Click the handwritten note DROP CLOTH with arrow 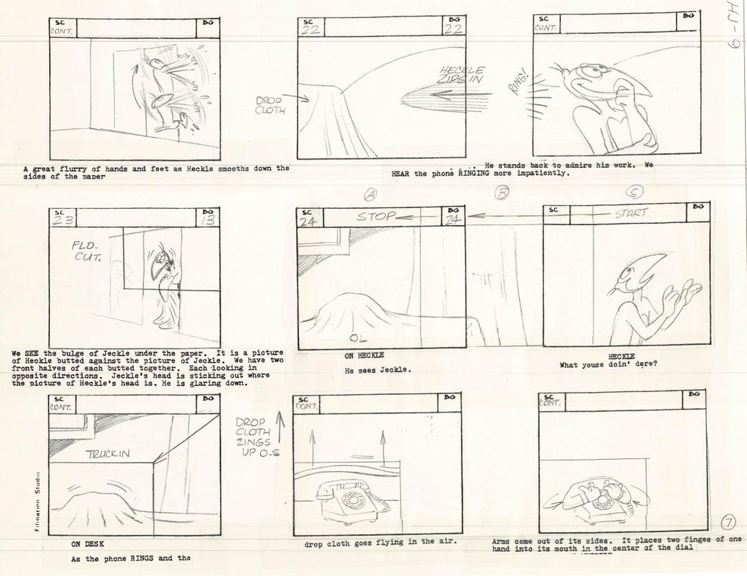[x=270, y=104]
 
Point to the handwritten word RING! [x=518, y=83]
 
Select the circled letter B [x=502, y=194]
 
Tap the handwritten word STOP [x=377, y=216]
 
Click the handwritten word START [x=631, y=214]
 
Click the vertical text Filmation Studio [x=37, y=501]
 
